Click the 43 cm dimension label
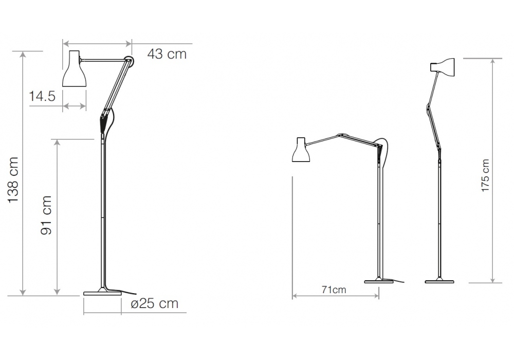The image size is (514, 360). [x=167, y=54]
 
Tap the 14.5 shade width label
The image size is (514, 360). [x=42, y=96]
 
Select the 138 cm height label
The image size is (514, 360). [x=13, y=180]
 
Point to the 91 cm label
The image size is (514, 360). [x=46, y=215]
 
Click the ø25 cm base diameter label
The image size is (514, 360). [x=154, y=303]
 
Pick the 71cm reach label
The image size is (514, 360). [x=334, y=290]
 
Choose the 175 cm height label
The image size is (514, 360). [x=485, y=175]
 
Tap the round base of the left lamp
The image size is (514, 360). [x=102, y=293]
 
